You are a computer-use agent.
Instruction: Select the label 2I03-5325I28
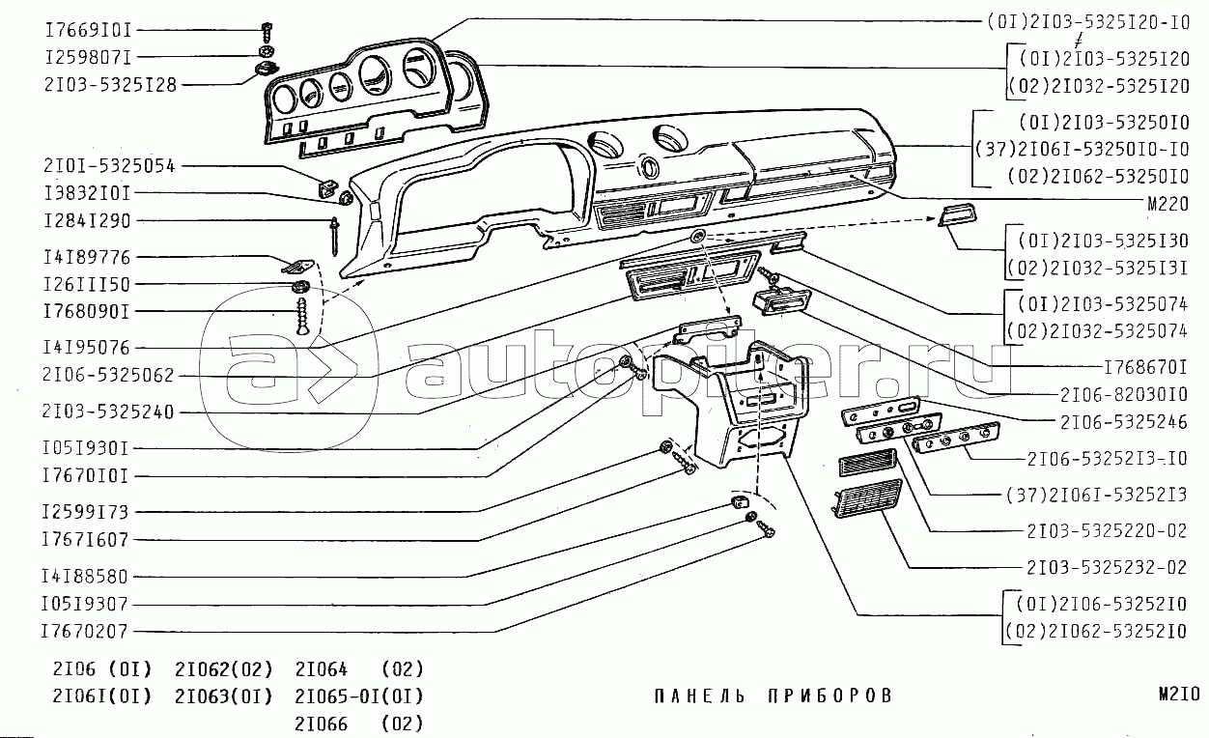coord(110,84)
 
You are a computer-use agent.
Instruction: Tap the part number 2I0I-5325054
coord(109,165)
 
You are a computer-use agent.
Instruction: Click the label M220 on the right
coord(1166,205)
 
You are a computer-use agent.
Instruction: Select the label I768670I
coord(1143,367)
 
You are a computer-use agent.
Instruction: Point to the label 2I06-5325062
coord(109,375)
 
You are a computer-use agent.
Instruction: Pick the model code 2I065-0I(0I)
coord(359,695)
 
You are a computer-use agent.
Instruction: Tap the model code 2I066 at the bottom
coord(321,724)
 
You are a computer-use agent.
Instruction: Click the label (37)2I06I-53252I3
coord(1094,496)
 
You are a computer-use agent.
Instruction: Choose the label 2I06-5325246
coord(1123,422)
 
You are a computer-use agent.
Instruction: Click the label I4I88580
coord(85,576)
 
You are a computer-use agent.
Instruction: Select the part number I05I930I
coord(85,448)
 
